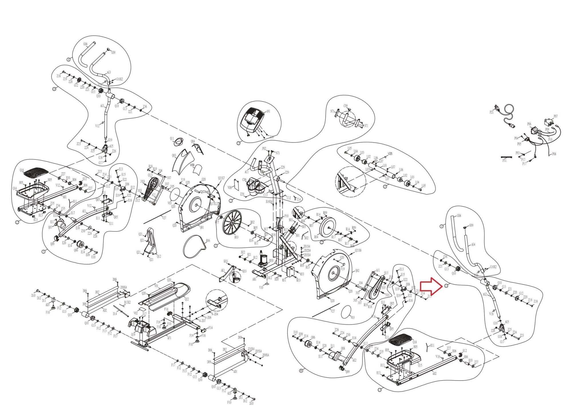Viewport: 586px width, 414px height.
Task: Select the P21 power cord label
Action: [492, 112]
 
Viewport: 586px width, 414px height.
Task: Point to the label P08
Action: [554, 154]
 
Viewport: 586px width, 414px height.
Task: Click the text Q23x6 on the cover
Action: [205, 192]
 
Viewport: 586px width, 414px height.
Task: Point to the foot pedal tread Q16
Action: [36, 172]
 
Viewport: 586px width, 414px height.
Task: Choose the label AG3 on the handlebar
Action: [109, 73]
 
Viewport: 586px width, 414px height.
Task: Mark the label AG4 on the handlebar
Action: [473, 244]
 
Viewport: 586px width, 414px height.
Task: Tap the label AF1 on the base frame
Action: [169, 338]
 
